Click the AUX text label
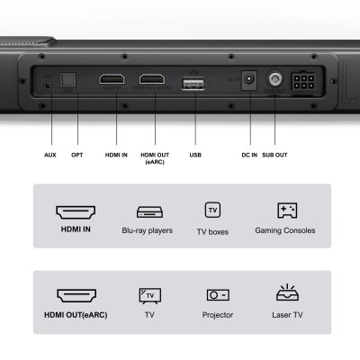coord(50,155)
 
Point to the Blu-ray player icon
coord(148,211)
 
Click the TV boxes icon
coord(212,210)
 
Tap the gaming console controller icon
coord(287,211)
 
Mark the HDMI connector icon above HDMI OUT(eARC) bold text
coord(76,294)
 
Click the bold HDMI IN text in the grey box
coord(76,231)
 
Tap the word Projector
coord(218,315)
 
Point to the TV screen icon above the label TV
coord(149,294)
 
